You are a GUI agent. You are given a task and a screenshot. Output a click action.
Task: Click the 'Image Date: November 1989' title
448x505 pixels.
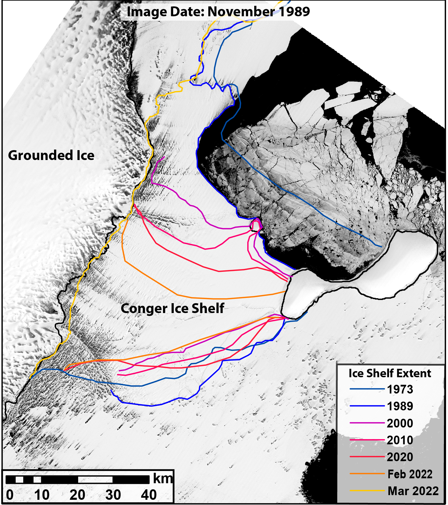pyautogui.click(x=218, y=12)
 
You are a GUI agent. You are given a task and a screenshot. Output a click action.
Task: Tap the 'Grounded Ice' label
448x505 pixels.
pyautogui.click(x=51, y=155)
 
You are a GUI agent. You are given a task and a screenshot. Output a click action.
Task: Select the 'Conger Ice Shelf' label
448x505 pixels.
pyautogui.click(x=172, y=308)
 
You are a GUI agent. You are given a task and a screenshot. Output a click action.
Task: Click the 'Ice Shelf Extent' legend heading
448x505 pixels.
pyautogui.click(x=390, y=373)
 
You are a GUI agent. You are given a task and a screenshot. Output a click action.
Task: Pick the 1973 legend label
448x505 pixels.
pyautogui.click(x=400, y=389)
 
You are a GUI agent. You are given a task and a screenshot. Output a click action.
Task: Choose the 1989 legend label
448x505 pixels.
pyautogui.click(x=400, y=406)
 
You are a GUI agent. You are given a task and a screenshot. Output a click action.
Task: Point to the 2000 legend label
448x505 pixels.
pyautogui.click(x=400, y=423)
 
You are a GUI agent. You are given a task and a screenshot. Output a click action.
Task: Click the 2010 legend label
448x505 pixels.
pyautogui.click(x=400, y=440)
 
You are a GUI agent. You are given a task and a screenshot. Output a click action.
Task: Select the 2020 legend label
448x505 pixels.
pyautogui.click(x=400, y=457)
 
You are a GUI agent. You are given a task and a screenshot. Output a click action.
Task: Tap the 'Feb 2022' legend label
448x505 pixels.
pyautogui.click(x=410, y=474)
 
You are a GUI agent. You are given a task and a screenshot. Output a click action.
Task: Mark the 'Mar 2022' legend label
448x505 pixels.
pyautogui.click(x=413, y=491)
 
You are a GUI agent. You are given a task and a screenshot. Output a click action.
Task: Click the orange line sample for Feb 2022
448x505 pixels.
pyautogui.click(x=367, y=474)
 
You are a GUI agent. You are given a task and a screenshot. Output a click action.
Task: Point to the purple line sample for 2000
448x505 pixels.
pyautogui.click(x=367, y=423)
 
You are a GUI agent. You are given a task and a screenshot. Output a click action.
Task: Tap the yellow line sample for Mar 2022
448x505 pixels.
pyautogui.click(x=367, y=491)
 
